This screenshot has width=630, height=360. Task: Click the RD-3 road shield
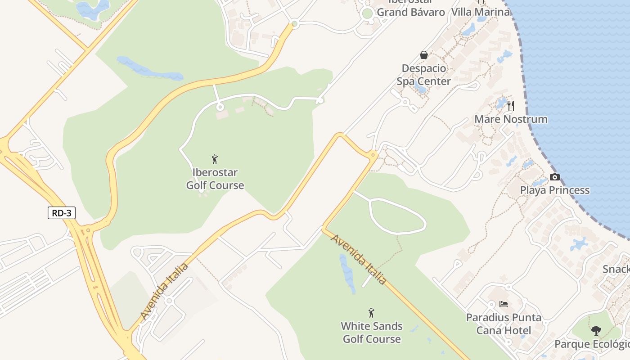(62, 213)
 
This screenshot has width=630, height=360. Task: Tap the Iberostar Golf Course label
(215, 179)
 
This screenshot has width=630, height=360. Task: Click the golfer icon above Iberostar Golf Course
(215, 159)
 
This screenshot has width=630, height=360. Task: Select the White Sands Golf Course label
(372, 332)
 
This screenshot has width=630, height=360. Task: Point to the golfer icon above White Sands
(371, 313)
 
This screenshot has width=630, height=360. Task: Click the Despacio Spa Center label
(423, 75)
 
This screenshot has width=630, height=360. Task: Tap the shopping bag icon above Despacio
(423, 55)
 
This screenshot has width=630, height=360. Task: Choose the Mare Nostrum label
(511, 119)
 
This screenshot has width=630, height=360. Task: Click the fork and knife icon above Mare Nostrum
(510, 106)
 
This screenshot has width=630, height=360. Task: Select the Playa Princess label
(555, 190)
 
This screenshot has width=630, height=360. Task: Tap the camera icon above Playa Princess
(555, 177)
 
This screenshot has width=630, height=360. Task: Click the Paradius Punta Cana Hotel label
(504, 324)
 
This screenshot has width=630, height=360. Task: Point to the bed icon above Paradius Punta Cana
(504, 305)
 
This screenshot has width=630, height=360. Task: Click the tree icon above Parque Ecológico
(596, 331)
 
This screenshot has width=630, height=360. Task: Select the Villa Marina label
(481, 12)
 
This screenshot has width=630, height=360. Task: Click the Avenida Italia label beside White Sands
(359, 260)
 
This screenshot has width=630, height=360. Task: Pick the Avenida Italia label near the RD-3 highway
(165, 291)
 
